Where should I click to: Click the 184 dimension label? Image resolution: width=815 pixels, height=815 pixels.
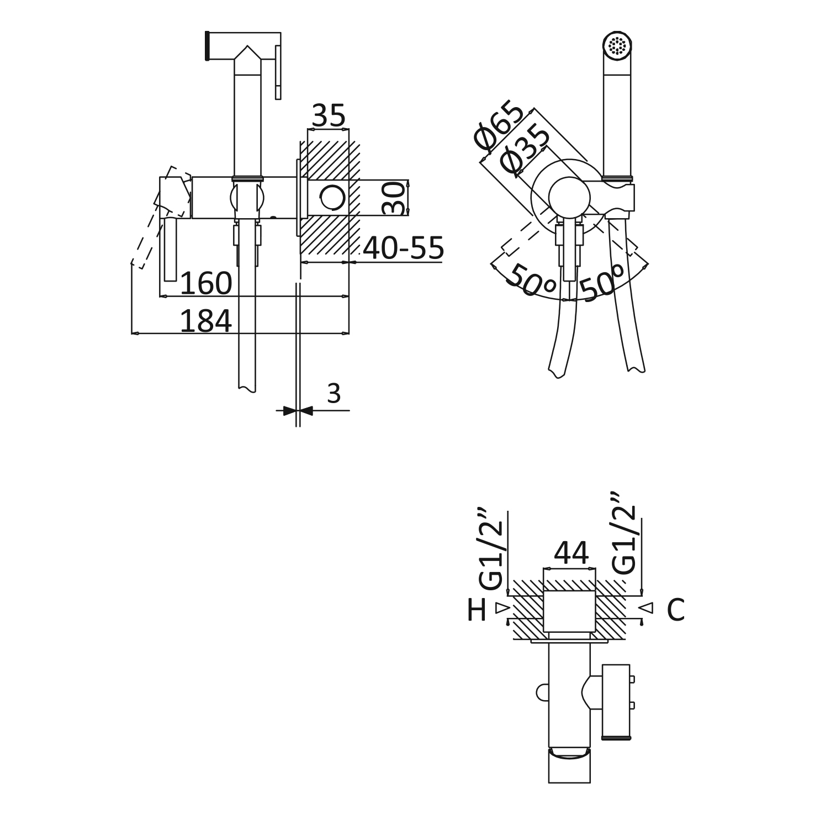205,321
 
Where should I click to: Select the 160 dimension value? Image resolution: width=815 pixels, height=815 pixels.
206,283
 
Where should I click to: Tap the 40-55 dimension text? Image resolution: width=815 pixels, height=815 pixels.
403,248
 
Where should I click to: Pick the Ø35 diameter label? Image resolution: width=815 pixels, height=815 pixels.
525,150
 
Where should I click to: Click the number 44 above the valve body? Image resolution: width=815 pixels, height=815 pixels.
571,553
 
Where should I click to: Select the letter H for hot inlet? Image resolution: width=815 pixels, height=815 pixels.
477,610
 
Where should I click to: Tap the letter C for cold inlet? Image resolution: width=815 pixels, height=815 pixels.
675,610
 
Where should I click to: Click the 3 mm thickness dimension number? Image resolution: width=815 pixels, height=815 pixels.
334,394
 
